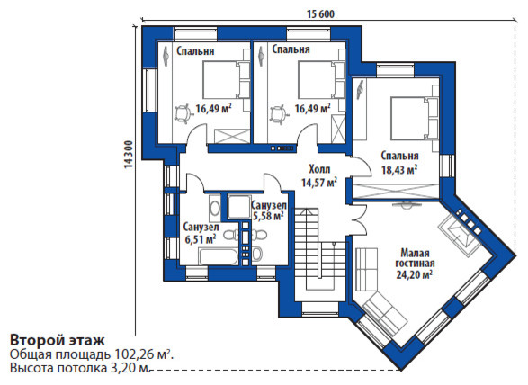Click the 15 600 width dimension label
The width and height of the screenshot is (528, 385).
tap(321, 14)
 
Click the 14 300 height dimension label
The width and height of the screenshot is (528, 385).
tap(129, 154)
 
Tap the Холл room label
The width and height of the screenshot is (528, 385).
tap(319, 169)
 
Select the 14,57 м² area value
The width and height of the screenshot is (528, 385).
tap(319, 183)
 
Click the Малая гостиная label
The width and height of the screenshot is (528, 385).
tap(415, 257)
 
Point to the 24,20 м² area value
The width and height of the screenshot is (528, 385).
tap(414, 275)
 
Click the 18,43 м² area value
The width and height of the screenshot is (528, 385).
tap(399, 169)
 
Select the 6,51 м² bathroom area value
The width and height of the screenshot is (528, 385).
tap(201, 239)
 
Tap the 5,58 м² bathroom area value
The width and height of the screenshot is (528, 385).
tap(268, 216)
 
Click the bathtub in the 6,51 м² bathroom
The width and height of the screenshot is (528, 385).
tap(219, 257)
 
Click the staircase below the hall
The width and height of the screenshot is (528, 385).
tap(320, 249)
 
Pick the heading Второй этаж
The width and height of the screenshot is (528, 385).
tap(58, 340)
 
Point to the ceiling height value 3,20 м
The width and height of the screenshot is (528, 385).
tap(130, 368)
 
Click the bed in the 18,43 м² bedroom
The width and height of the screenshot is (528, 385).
tap(414, 118)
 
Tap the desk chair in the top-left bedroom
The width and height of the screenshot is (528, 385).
tap(183, 113)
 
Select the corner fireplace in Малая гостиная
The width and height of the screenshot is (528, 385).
tap(461, 234)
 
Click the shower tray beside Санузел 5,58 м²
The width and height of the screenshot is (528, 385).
tap(238, 206)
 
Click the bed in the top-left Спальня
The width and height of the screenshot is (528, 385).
tap(227, 80)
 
